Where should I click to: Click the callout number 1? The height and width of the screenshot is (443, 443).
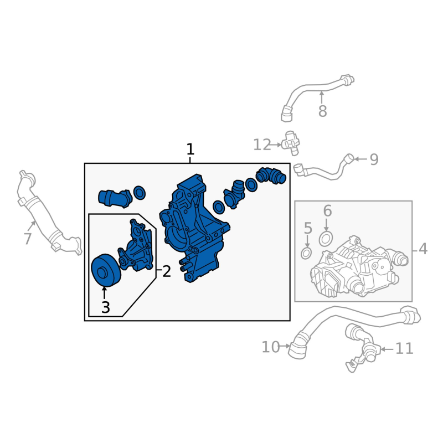(x=190, y=149)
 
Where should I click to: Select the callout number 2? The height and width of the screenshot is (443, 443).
(x=167, y=271)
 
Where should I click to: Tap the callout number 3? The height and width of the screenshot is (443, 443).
(x=105, y=307)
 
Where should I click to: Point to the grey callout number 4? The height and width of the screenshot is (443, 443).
(x=423, y=249)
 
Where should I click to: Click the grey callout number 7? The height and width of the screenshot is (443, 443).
(x=28, y=239)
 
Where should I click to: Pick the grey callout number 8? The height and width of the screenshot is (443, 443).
(x=323, y=111)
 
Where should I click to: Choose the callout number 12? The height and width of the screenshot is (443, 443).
(x=262, y=145)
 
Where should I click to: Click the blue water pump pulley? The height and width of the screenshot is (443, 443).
(x=106, y=270)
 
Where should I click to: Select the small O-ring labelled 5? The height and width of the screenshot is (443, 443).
(x=306, y=253)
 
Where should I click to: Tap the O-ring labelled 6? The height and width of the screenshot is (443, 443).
(x=326, y=239)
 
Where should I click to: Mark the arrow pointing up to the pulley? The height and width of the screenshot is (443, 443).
(x=105, y=292)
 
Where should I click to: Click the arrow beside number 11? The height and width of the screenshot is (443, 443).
(x=387, y=349)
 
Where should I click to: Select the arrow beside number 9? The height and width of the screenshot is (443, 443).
(x=360, y=159)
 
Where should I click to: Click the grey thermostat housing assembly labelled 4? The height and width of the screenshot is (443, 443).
(x=359, y=267)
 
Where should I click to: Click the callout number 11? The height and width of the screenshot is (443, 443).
(x=404, y=349)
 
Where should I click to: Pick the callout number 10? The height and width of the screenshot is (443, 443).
(x=271, y=347)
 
